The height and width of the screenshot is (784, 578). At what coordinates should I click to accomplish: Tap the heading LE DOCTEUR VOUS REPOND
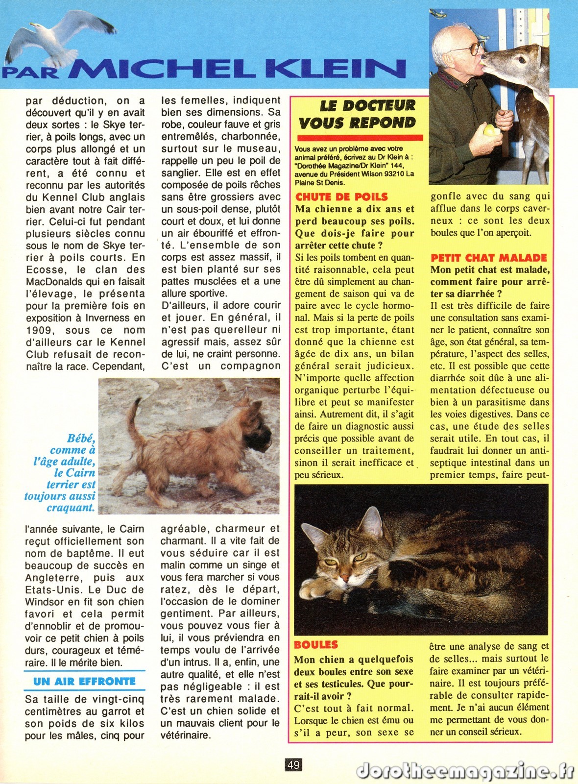coord(358,114)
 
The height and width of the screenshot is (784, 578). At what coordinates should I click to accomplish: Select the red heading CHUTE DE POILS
coord(341,197)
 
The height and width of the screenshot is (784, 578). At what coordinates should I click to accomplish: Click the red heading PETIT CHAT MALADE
coord(488,258)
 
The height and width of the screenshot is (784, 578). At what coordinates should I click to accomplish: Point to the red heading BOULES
coord(316,645)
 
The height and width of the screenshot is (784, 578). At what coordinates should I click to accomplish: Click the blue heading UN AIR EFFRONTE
coord(84,681)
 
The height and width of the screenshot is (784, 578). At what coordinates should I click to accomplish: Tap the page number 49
coord(293,764)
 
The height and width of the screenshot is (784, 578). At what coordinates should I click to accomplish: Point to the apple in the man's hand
coord(490,130)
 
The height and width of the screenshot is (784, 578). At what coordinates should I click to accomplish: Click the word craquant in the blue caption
coord(71,508)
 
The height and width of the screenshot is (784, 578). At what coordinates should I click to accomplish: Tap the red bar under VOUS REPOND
coord(360,138)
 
